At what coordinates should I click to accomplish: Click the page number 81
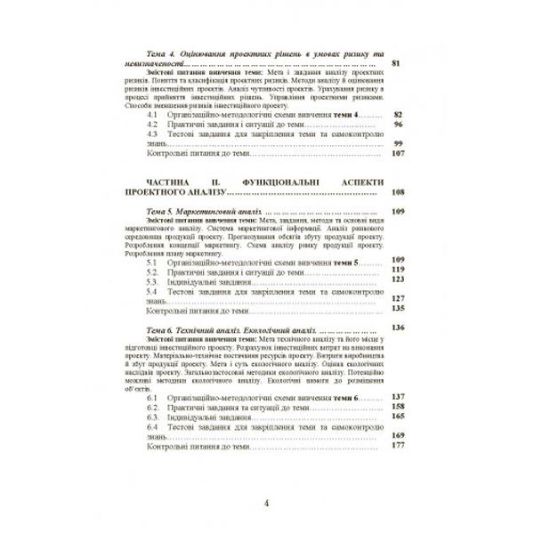(397, 63)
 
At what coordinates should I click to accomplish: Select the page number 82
(398, 116)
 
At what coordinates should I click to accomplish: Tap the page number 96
(398, 125)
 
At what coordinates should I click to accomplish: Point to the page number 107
(398, 153)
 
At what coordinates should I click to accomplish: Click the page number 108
(398, 191)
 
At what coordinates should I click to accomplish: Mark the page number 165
(398, 416)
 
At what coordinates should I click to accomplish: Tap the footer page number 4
(267, 504)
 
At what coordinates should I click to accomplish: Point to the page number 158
(398, 406)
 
